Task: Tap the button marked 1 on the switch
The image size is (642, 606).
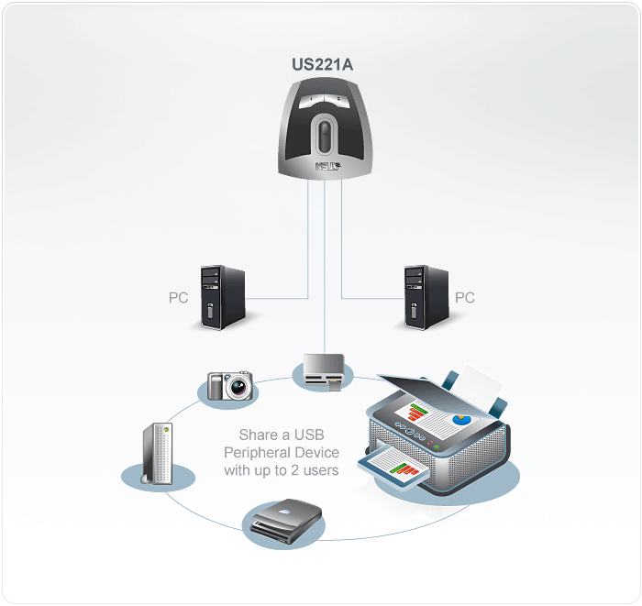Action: point(311,98)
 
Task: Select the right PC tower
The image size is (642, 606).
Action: point(426,296)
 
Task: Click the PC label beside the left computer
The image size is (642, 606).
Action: point(179,298)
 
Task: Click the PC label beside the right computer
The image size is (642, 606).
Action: point(465,298)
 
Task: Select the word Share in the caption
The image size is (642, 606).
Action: point(258,435)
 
